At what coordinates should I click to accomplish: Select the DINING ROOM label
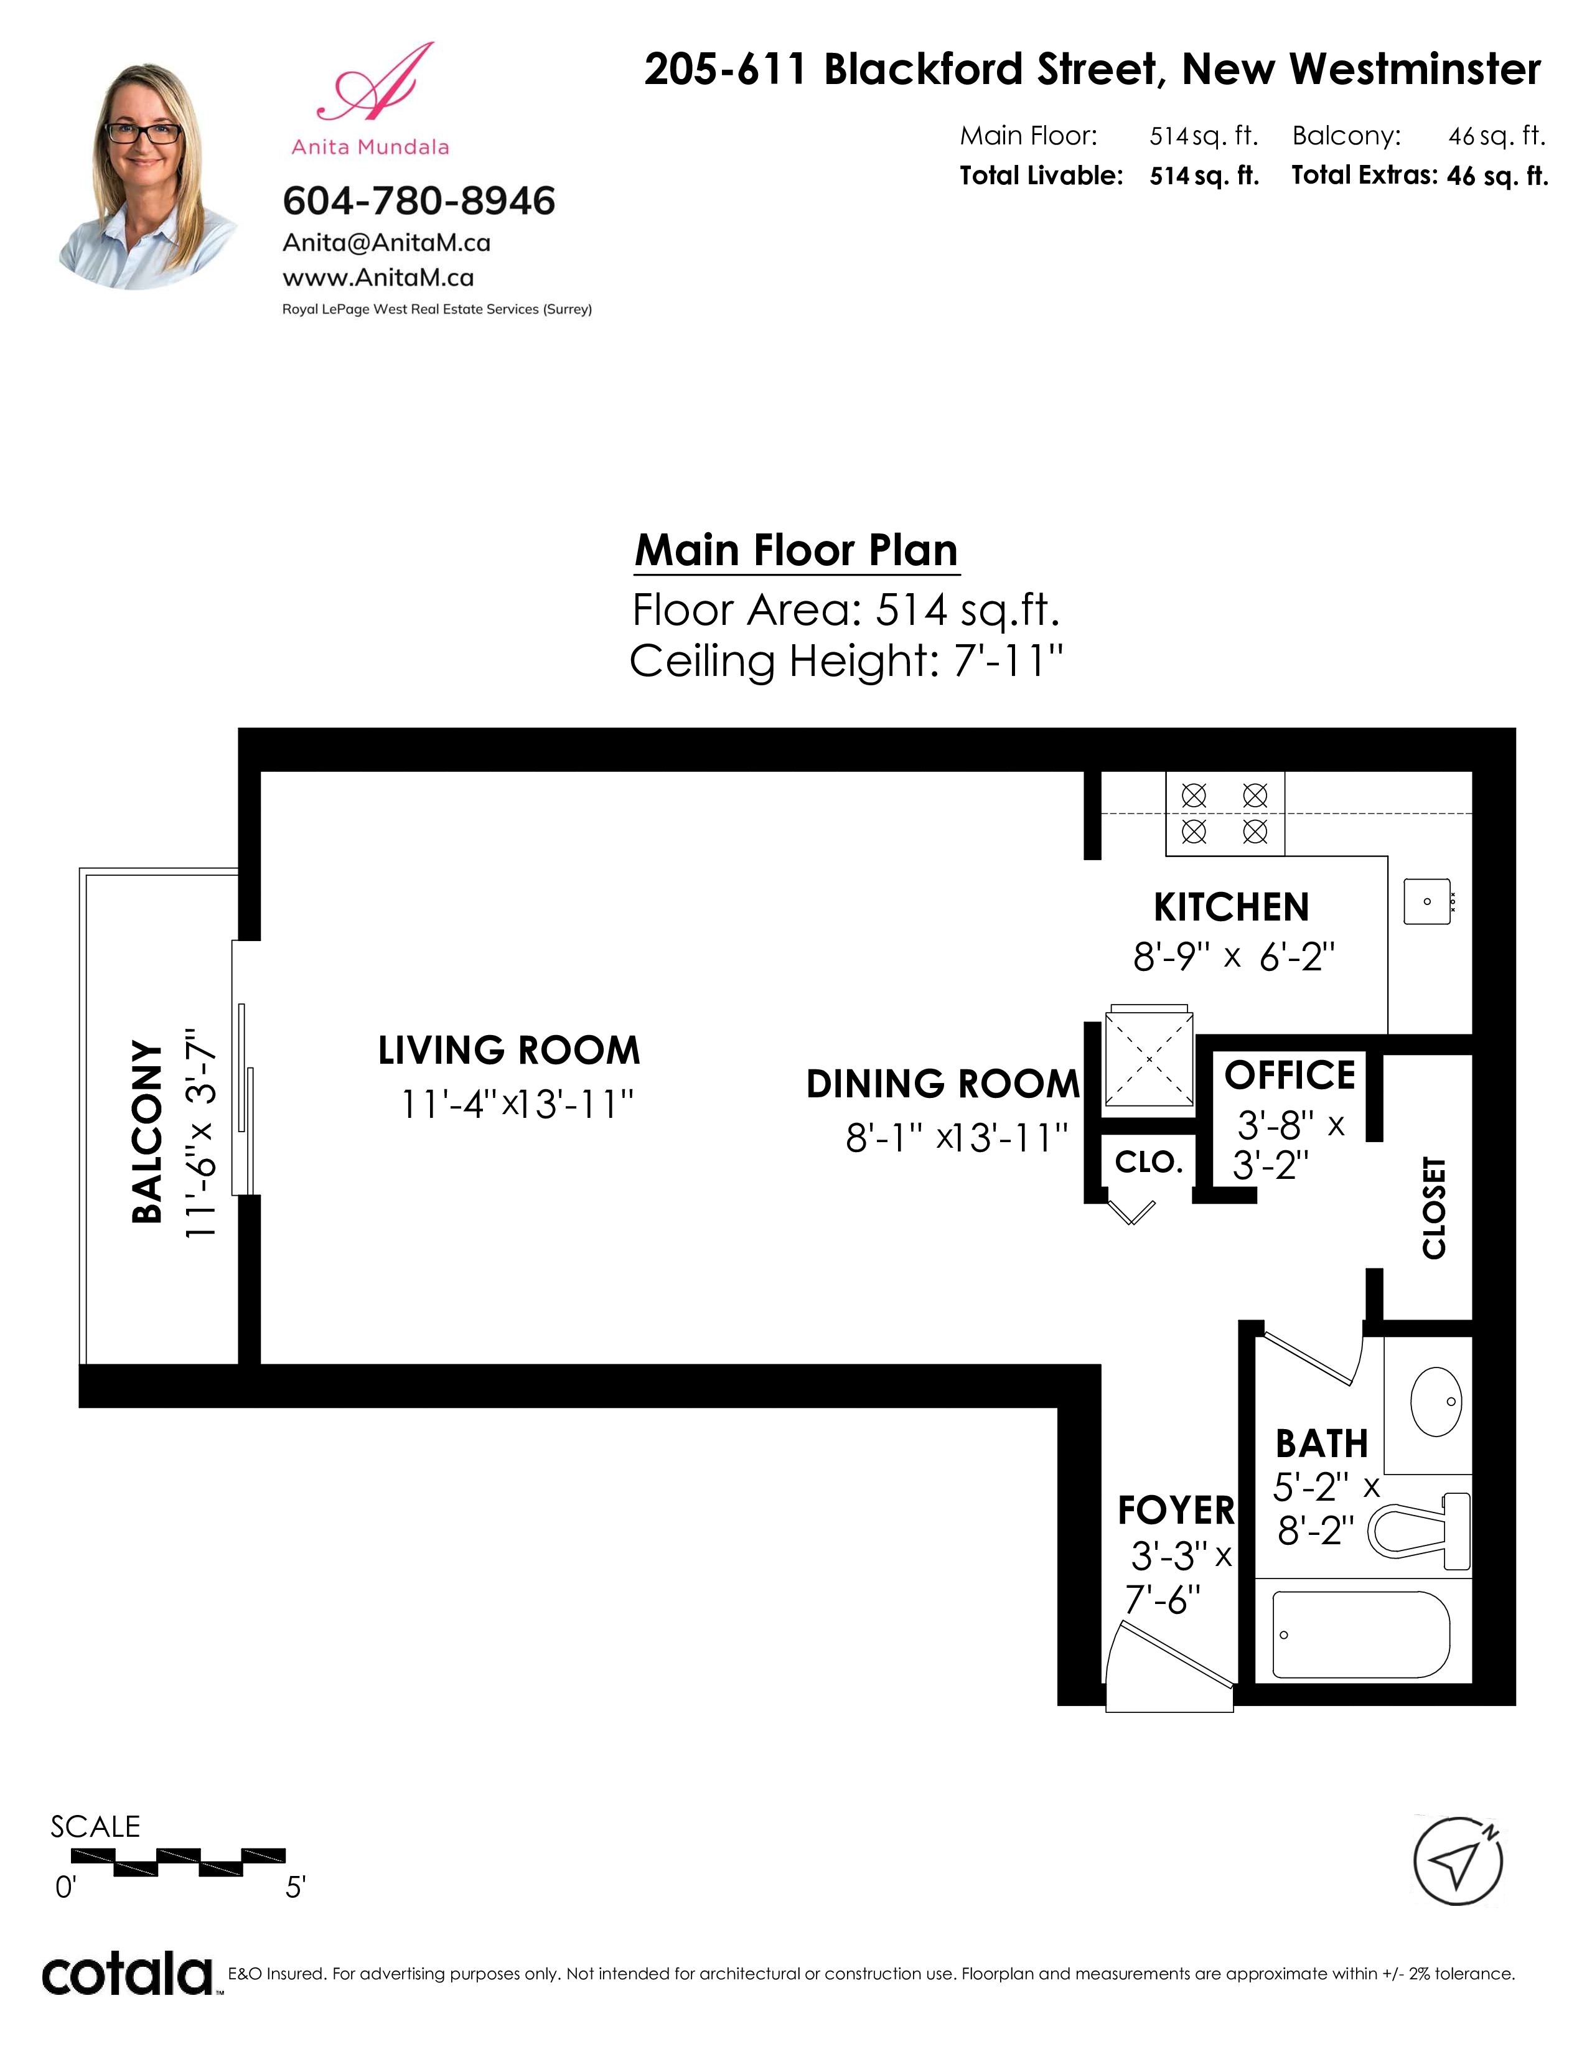coord(943,1084)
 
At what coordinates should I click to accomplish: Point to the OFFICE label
coord(1290,1075)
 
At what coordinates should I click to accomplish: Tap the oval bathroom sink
coord(1436,1401)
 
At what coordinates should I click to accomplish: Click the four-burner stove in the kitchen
coord(1225,814)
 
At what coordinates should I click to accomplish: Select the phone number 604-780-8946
coord(419,200)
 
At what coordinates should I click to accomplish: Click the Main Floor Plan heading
coord(797,550)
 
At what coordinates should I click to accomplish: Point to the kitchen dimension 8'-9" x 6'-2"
coord(1234,957)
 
